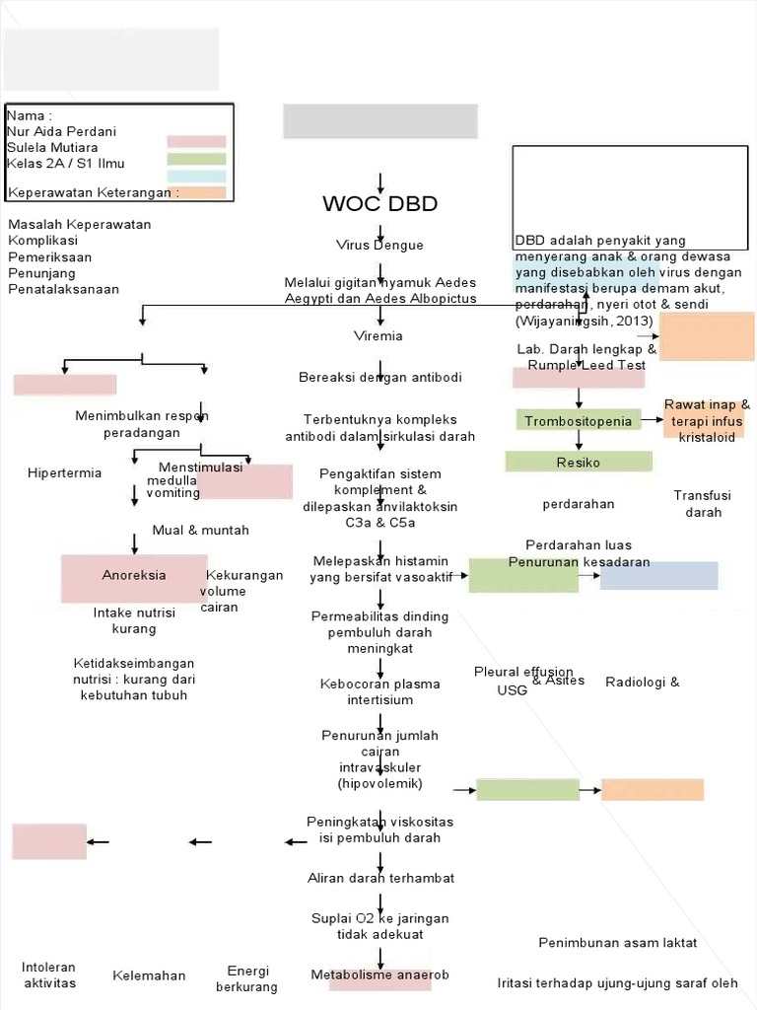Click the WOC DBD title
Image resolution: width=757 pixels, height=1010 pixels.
pyautogui.click(x=379, y=205)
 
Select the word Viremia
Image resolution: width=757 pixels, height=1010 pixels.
pyautogui.click(x=378, y=336)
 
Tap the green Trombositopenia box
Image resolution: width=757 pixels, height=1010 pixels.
pyautogui.click(x=578, y=421)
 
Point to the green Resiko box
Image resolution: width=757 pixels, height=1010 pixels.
pyautogui.click(x=578, y=462)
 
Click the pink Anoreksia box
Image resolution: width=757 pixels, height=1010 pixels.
pyautogui.click(x=134, y=576)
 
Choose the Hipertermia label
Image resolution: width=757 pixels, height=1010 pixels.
pyautogui.click(x=65, y=473)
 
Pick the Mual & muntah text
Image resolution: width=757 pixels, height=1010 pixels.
pyautogui.click(x=201, y=531)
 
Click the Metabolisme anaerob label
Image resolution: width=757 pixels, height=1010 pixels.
pyautogui.click(x=379, y=975)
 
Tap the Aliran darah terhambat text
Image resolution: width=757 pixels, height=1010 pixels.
pyautogui.click(x=380, y=878)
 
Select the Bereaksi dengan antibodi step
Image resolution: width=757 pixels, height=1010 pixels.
pyautogui.click(x=379, y=378)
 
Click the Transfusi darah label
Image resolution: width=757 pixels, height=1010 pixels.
pyautogui.click(x=704, y=504)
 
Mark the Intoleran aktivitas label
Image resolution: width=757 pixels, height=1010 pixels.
pyautogui.click(x=49, y=974)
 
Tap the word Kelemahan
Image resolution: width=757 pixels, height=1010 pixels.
pyautogui.click(x=149, y=975)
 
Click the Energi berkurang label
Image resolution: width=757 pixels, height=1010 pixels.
pyautogui.click(x=247, y=978)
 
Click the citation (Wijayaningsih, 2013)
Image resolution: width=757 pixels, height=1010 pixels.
pyautogui.click(x=584, y=322)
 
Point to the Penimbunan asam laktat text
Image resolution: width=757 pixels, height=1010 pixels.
pyautogui.click(x=618, y=943)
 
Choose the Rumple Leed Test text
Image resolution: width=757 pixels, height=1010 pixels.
pyautogui.click(x=586, y=365)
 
